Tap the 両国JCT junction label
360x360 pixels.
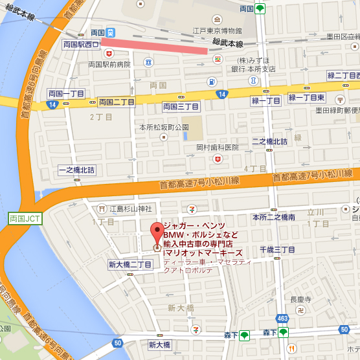[25, 201]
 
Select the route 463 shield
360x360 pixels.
[282, 319]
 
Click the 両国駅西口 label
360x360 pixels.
[81, 45]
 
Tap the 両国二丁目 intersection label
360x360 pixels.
[117, 102]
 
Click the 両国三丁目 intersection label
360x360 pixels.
[181, 106]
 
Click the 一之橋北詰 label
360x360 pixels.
[76, 170]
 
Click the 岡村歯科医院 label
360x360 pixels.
[218, 148]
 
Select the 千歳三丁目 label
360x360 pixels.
[278, 249]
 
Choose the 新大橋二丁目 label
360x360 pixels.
[129, 264]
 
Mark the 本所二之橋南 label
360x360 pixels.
[274, 217]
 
